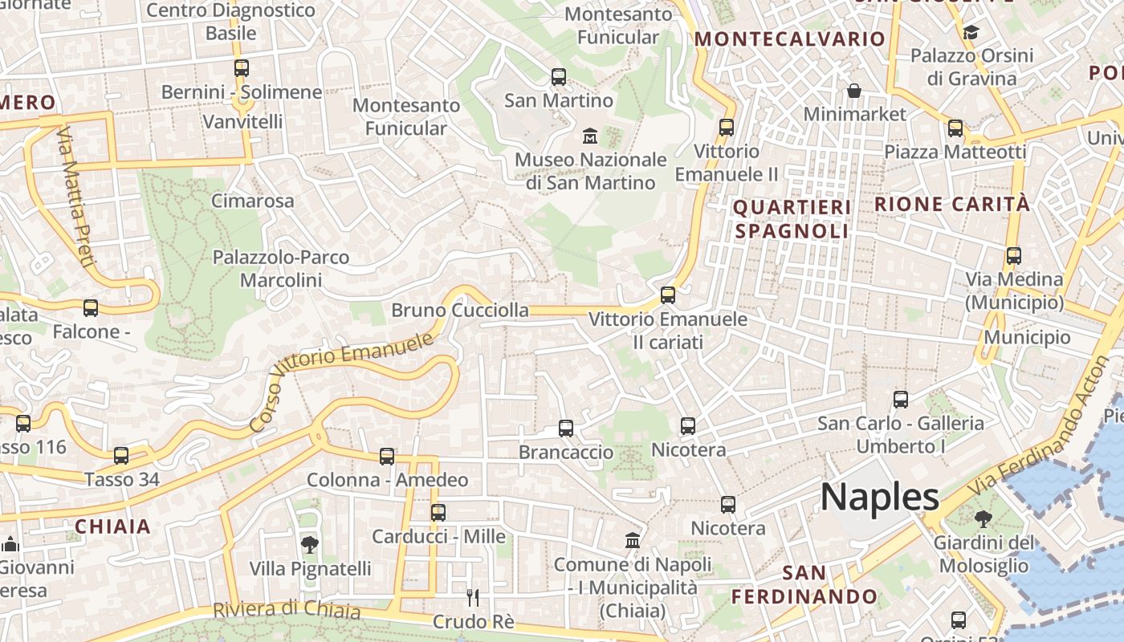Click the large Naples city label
[879, 498]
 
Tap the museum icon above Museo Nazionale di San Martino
[590, 135]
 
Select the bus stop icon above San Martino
[559, 77]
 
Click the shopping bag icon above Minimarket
[854, 91]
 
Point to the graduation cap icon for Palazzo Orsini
[971, 33]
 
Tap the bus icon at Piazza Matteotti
[955, 128]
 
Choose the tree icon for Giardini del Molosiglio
[983, 519]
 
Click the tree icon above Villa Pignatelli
[309, 545]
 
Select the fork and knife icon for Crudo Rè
[473, 597]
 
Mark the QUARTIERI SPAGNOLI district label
[792, 219]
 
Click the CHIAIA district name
[112, 526]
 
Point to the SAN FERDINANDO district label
[804, 585]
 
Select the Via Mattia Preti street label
[77, 196]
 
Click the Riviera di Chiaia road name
[287, 609]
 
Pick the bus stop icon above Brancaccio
[566, 428]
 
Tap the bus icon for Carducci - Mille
[438, 512]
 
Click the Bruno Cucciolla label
[460, 310]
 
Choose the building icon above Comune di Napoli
[633, 540]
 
